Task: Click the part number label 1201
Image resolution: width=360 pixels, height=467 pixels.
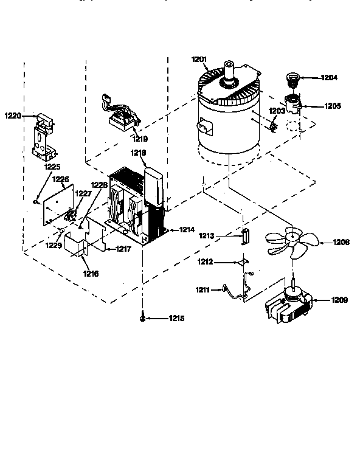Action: point(199,60)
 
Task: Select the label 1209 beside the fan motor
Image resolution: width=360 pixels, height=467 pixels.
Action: point(339,299)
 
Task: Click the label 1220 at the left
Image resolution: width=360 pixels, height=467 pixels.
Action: point(13,115)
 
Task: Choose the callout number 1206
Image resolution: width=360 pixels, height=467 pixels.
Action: point(341,242)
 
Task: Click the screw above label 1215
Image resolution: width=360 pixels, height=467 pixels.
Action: point(142,317)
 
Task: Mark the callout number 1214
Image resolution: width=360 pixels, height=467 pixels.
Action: point(187,230)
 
